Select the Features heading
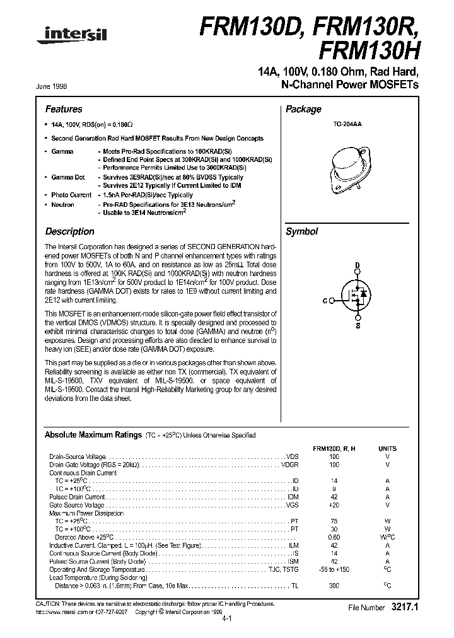click(x=64, y=109)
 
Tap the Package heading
click(x=303, y=109)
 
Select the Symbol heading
click(x=302, y=231)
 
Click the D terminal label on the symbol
click(x=357, y=265)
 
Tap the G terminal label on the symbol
click(x=324, y=301)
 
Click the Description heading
click(x=69, y=231)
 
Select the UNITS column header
click(x=387, y=448)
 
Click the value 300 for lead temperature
click(x=334, y=586)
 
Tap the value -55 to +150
click(x=334, y=569)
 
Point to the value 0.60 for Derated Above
click(x=334, y=537)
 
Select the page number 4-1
click(x=227, y=619)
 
